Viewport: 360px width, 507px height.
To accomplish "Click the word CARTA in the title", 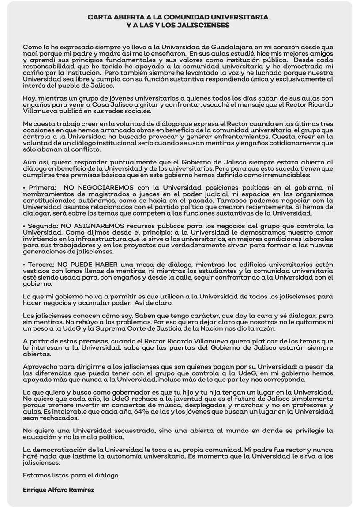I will (99, 17).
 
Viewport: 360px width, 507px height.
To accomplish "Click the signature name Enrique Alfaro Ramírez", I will (58, 490).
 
